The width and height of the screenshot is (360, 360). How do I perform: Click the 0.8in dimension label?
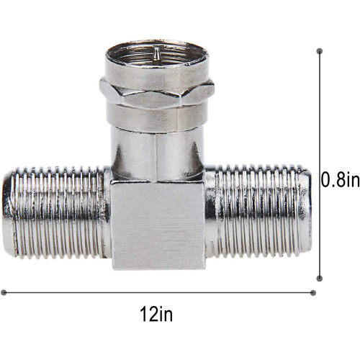[341, 180]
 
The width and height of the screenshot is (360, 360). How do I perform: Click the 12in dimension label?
[156, 314]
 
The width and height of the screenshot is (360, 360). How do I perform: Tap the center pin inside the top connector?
[156, 53]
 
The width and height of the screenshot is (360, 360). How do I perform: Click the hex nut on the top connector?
[157, 92]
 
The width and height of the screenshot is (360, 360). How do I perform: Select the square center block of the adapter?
[158, 225]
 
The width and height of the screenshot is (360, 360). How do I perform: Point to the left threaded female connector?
[56, 212]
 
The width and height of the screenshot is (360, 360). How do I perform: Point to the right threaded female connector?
[258, 211]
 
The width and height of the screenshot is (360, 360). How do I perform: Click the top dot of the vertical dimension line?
[320, 51]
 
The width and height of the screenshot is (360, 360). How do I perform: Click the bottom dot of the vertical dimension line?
[320, 279]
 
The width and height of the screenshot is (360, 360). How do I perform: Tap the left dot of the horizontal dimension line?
[4, 292]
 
